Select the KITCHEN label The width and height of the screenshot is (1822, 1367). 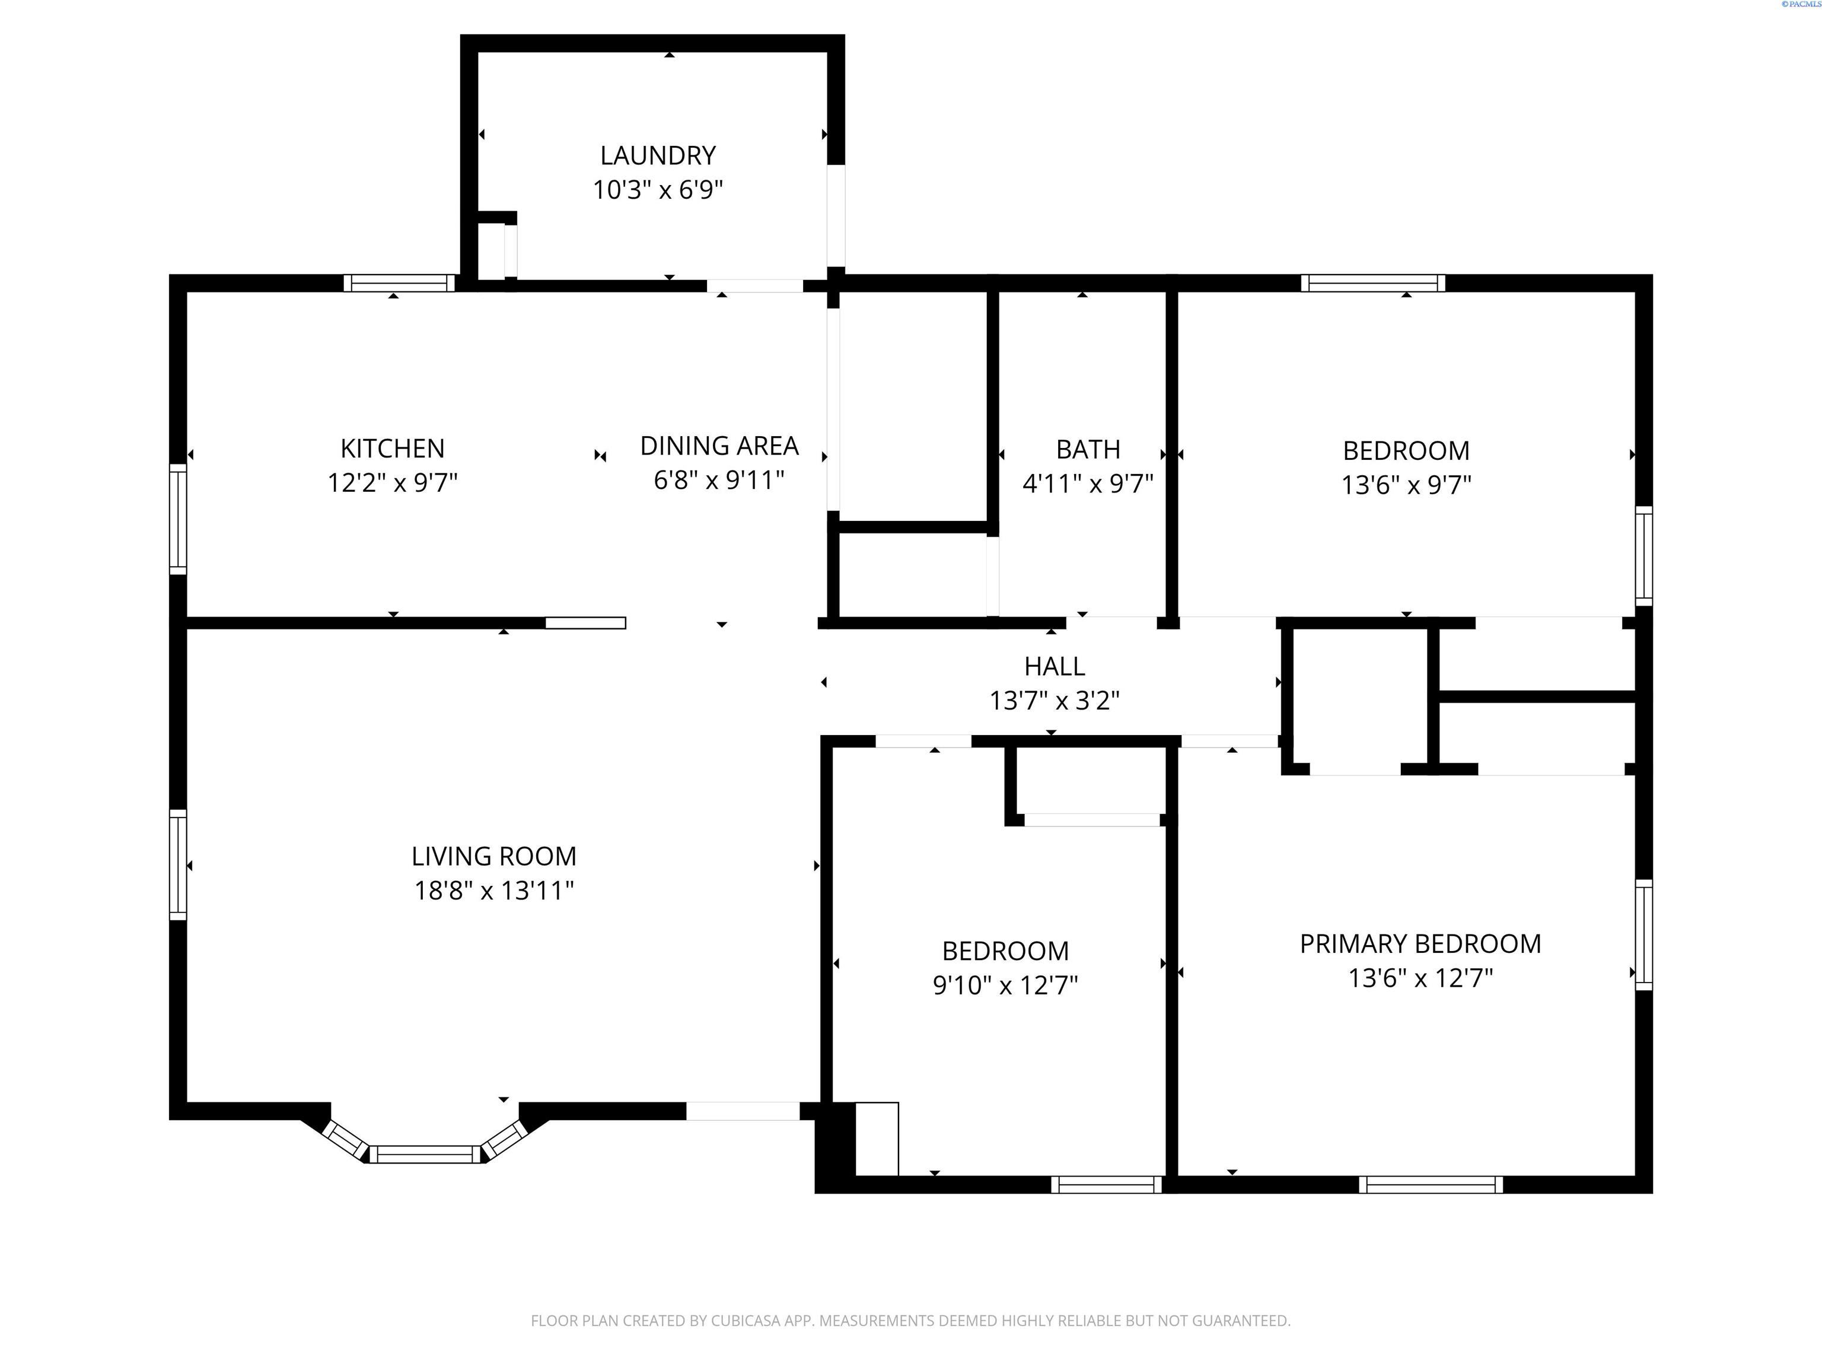[392, 449]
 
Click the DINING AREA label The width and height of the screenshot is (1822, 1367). [719, 446]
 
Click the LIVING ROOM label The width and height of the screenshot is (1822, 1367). [493, 856]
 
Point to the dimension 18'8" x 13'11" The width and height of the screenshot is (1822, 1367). [493, 891]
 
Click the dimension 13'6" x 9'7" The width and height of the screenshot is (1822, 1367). [1406, 485]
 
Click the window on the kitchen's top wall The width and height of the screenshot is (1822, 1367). [399, 284]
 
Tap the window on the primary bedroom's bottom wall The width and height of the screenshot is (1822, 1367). [1430, 1185]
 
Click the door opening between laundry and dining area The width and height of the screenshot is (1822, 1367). [754, 286]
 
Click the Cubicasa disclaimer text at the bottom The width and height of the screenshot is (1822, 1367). [910, 1321]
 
